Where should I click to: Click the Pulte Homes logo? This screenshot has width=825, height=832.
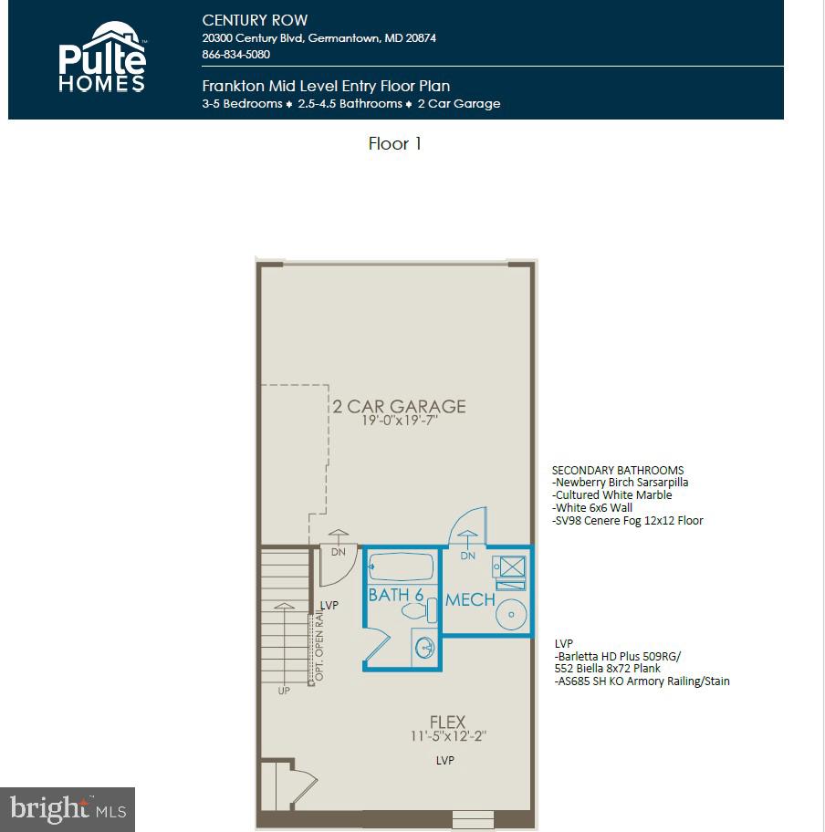[x=102, y=57]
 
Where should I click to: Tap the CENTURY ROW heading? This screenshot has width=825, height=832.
[x=255, y=20]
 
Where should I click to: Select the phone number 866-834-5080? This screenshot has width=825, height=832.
[x=235, y=54]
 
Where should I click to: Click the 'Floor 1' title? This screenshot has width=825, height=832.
[x=394, y=143]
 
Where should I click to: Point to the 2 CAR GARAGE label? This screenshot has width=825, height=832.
[x=398, y=406]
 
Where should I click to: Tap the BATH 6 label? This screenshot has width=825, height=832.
[x=395, y=595]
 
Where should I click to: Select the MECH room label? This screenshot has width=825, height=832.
[x=470, y=600]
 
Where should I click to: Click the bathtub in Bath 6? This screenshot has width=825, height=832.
[x=402, y=567]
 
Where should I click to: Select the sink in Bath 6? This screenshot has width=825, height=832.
[x=424, y=649]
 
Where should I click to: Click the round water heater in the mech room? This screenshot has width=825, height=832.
[x=510, y=614]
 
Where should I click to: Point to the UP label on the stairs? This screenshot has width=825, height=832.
[x=284, y=691]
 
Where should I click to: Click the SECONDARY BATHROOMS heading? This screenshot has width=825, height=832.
[x=618, y=470]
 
